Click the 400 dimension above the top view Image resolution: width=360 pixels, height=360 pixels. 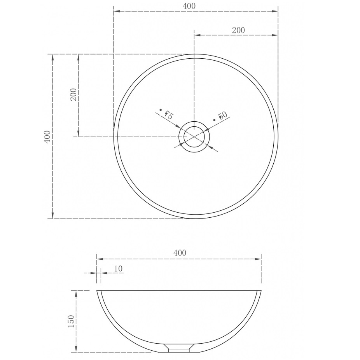tap(189, 6)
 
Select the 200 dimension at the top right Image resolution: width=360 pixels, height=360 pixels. tap(238, 30)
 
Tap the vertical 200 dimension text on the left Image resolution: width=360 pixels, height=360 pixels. tap(73, 94)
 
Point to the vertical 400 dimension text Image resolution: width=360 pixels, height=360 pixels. tap(47, 137)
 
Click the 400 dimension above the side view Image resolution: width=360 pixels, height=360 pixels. tap(180, 253)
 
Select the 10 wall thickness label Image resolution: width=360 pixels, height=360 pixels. tap(118, 268)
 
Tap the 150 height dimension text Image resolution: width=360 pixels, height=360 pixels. tap(71, 321)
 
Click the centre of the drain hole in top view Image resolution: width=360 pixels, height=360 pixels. tap(194, 137)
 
